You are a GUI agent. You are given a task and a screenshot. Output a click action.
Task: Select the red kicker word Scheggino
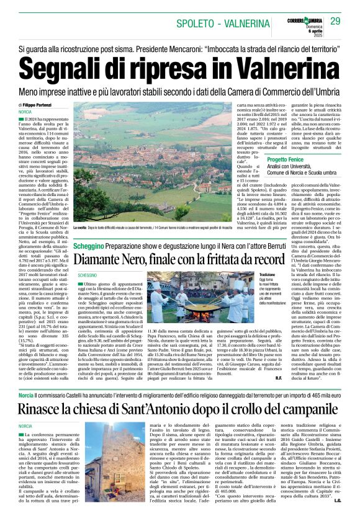point(89,246)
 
